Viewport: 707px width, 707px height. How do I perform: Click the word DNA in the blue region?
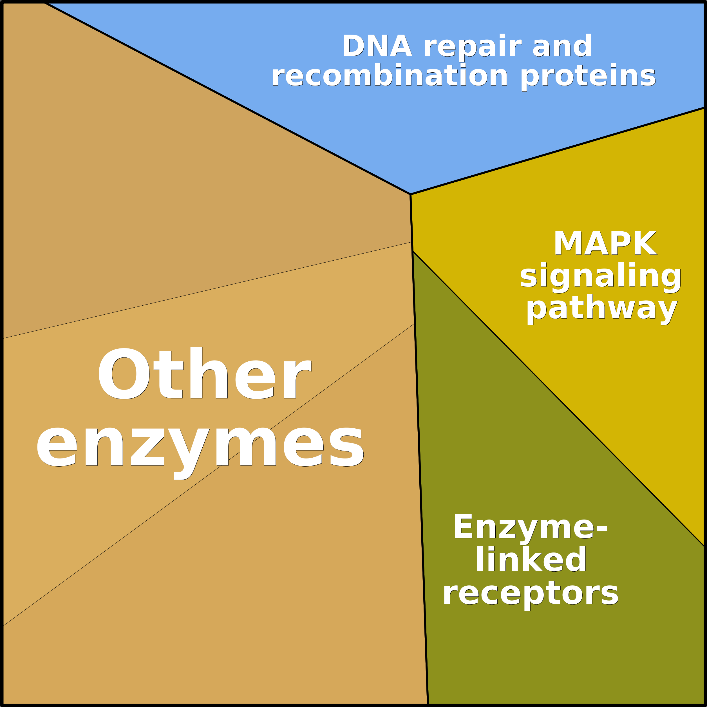[x=377, y=46]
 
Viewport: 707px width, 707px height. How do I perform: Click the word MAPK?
[x=605, y=243]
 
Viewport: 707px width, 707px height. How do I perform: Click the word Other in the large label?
[x=204, y=373]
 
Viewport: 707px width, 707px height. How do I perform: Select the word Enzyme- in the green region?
[x=530, y=527]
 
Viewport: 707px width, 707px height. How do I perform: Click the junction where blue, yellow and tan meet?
[x=410, y=194]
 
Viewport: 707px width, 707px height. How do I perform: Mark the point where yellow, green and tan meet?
[x=412, y=251]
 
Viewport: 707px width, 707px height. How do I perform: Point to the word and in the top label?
[x=562, y=46]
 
